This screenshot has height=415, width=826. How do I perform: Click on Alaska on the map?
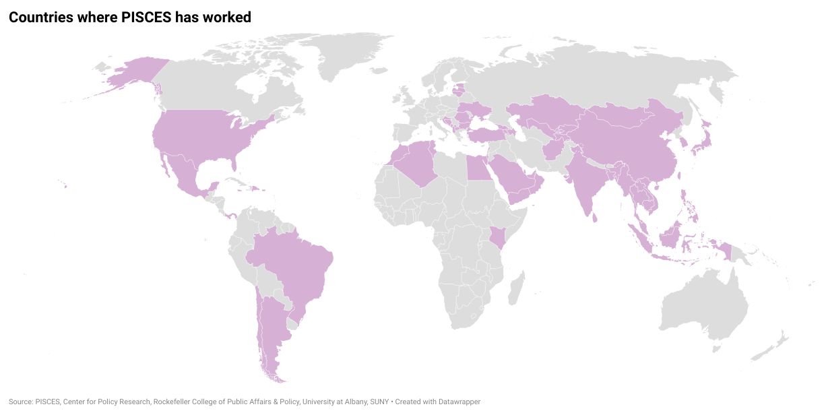135,73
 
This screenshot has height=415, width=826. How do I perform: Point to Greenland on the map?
350,54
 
